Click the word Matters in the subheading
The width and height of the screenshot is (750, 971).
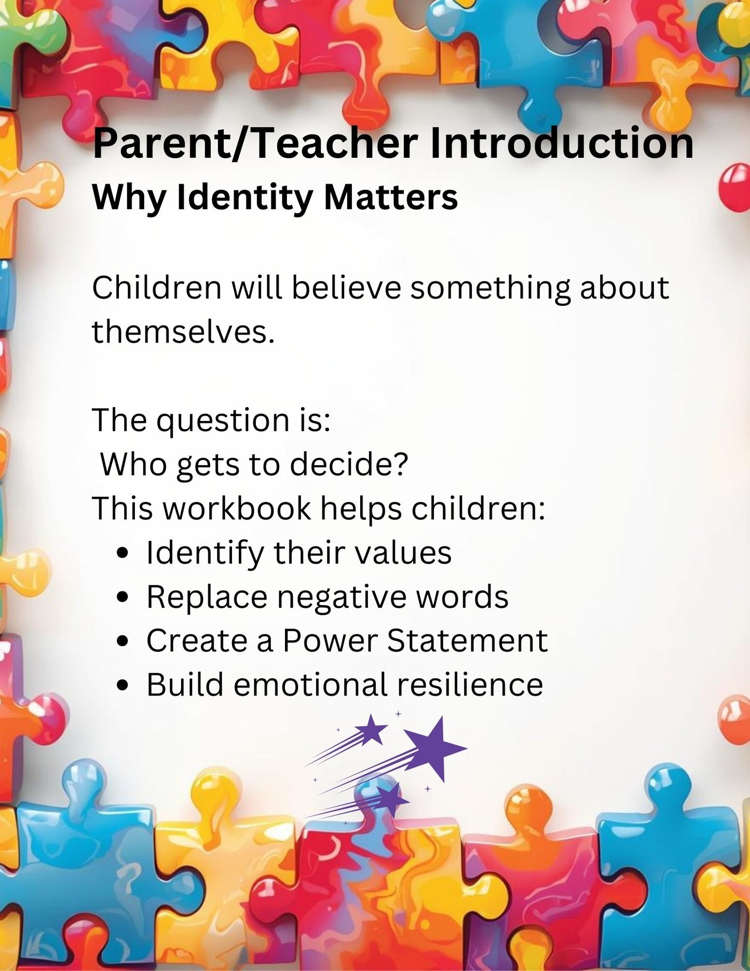coord(391,198)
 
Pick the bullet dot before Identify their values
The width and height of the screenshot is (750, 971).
coord(122,553)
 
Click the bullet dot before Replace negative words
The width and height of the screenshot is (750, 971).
coord(122,597)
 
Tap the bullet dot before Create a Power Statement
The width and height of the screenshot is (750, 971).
coord(122,641)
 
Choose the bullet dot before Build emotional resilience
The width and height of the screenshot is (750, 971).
coord(122,686)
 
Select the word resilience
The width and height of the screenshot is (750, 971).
coord(470,685)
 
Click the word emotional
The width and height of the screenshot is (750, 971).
coord(310,685)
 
